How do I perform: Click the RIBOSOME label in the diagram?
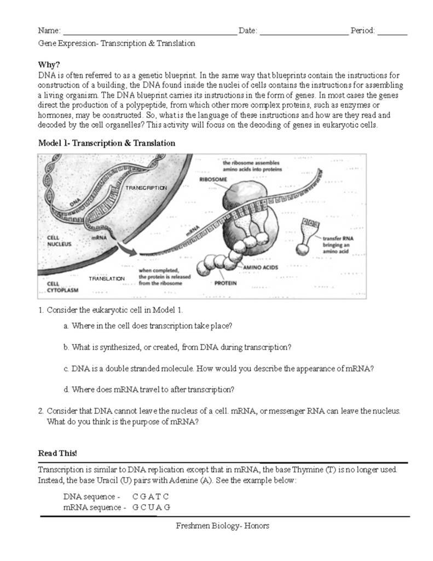[213, 179]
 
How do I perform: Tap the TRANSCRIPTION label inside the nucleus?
[146, 188]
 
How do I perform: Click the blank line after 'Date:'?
[303, 31]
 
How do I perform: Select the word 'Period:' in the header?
[362, 31]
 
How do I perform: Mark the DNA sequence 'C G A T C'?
[151, 496]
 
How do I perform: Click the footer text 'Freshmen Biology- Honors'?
[223, 526]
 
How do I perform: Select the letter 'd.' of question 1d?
[66, 390]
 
